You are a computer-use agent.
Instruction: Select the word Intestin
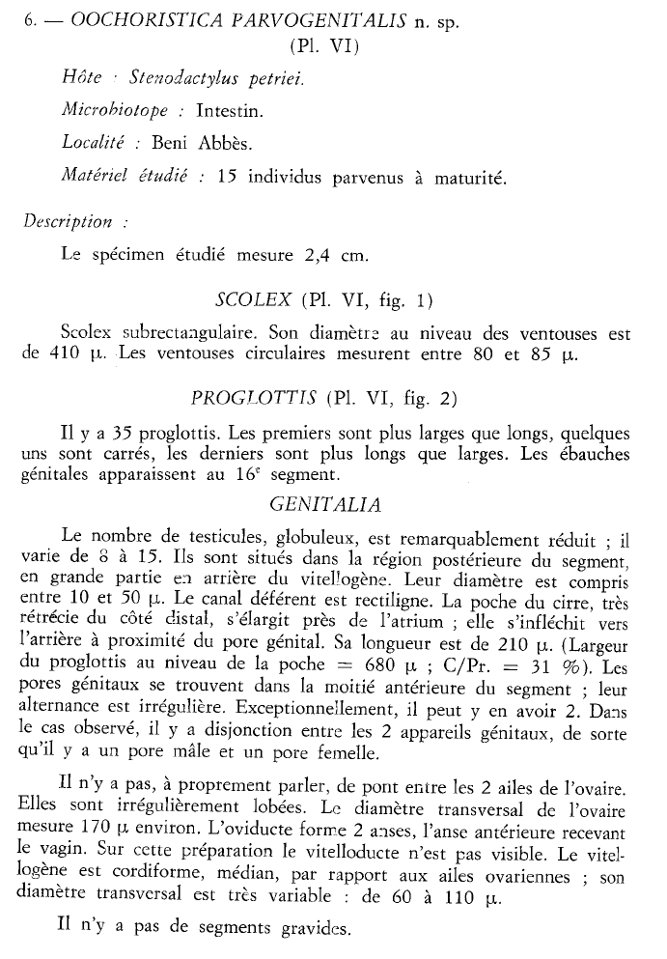230,110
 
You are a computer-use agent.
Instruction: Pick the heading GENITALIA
326,504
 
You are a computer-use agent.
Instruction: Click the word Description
68,222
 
